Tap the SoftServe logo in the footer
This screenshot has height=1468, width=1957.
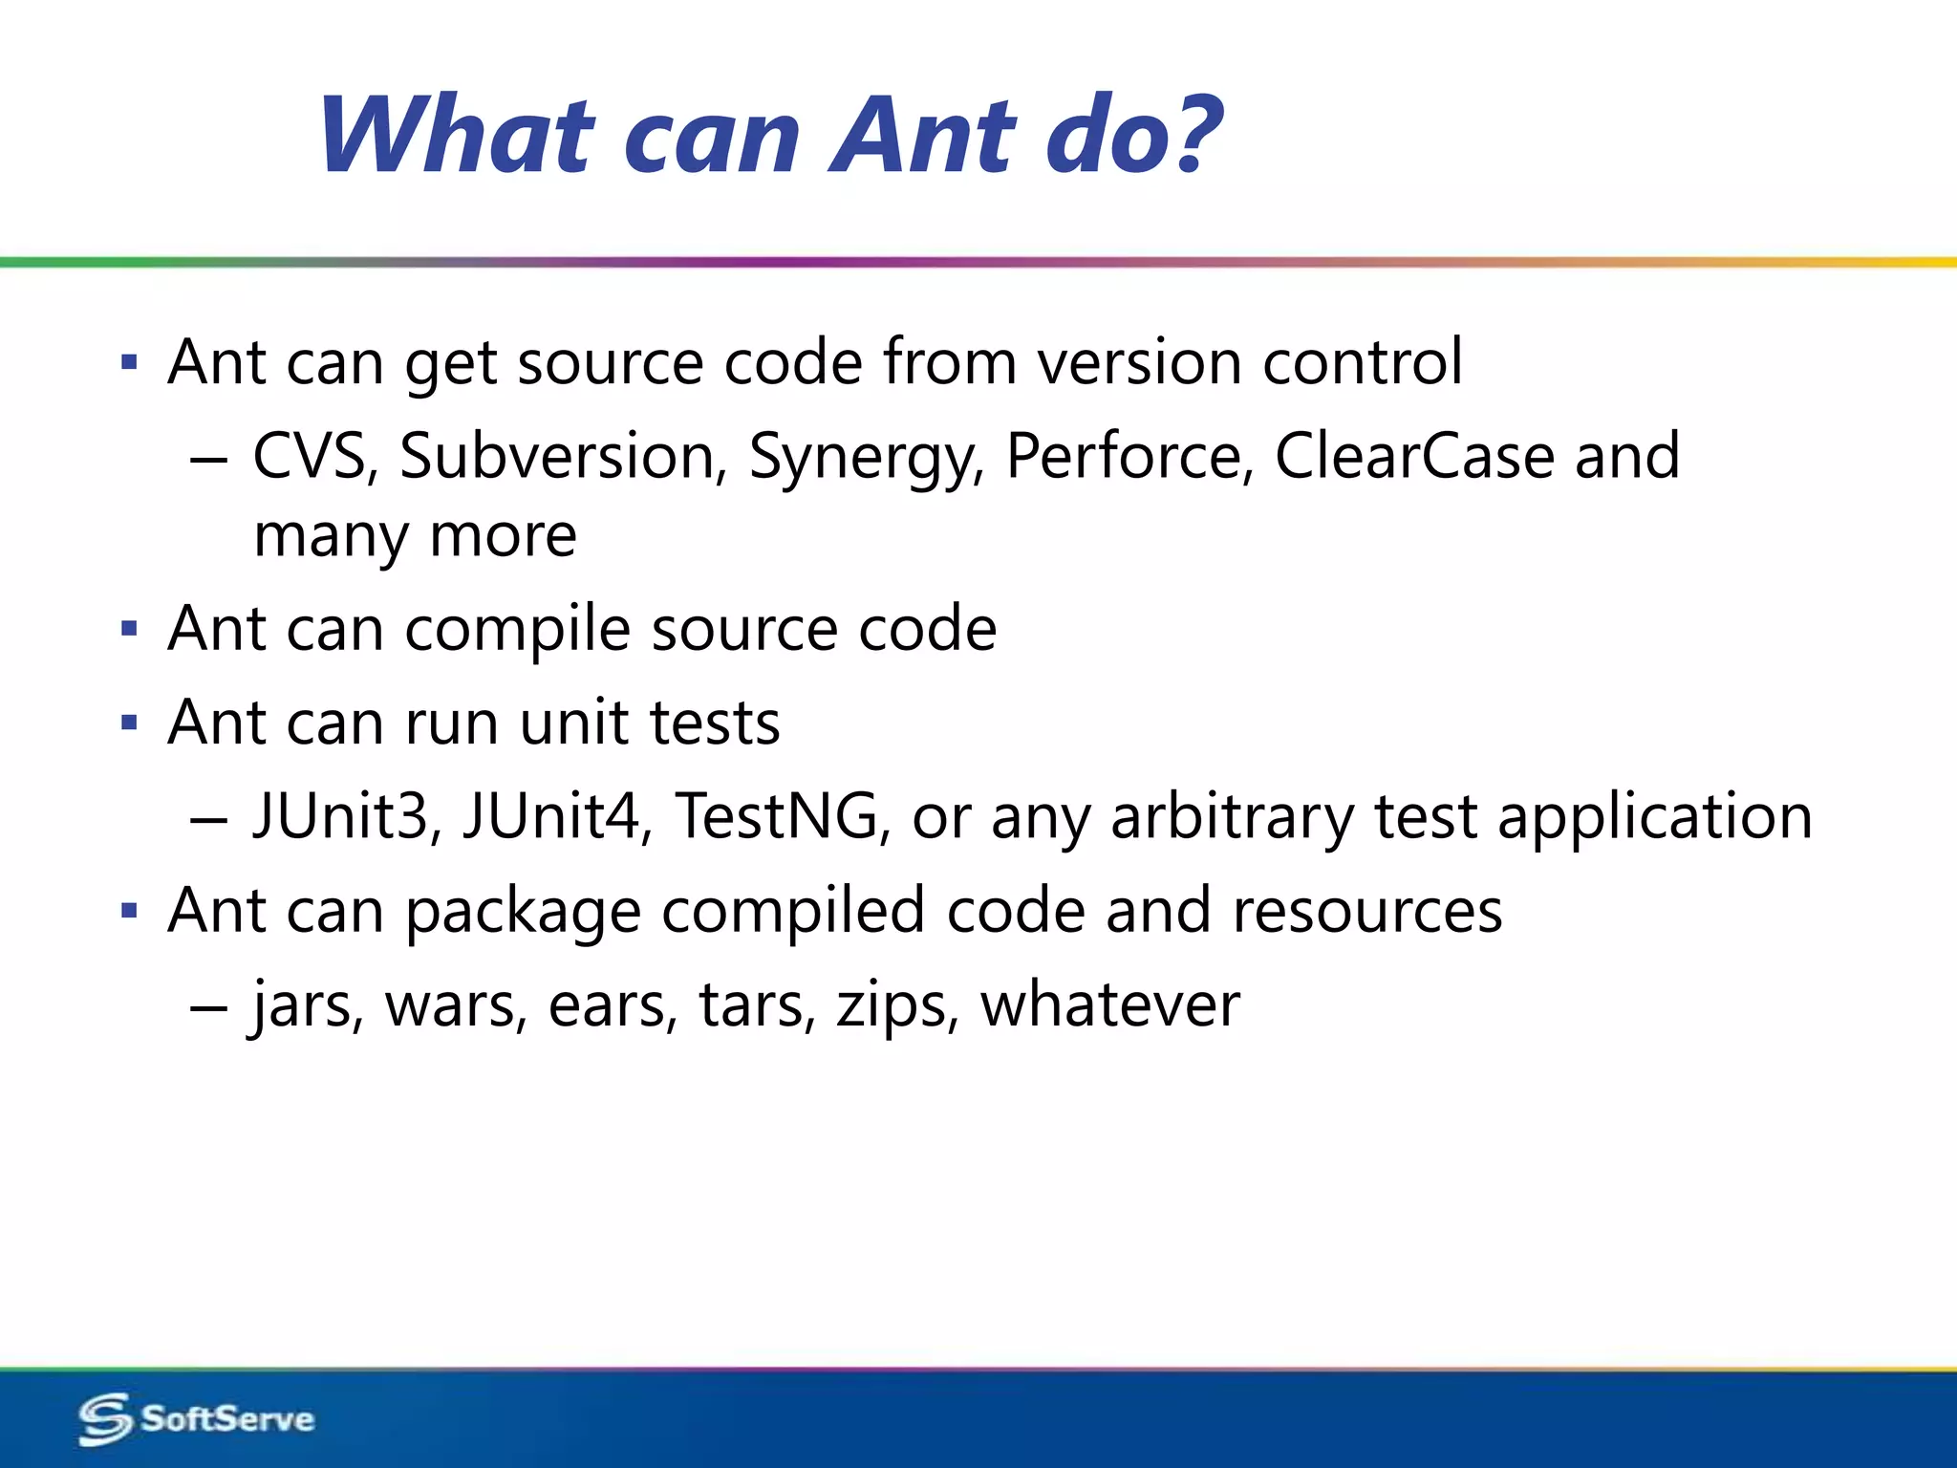point(196,1418)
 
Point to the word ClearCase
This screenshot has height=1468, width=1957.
point(1414,456)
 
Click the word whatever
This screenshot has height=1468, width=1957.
point(1109,1005)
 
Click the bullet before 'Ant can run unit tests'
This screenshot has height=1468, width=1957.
point(130,723)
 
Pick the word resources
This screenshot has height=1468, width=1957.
point(1366,912)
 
